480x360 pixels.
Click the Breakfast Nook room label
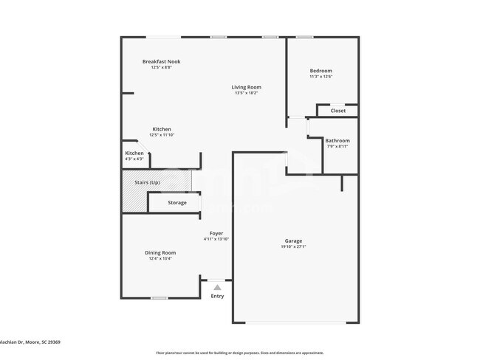pos(161,61)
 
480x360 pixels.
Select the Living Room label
pos(247,87)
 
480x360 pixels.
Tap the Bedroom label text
pos(320,70)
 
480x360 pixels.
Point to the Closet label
pos(337,111)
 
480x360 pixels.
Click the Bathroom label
pos(337,140)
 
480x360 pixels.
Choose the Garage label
pos(293,240)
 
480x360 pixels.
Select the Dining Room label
pos(160,252)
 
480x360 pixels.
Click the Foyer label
pos(216,233)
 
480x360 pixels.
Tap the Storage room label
pos(177,202)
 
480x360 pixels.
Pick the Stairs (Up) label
pos(146,182)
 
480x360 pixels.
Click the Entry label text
pos(217,297)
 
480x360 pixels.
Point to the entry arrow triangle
pos(217,287)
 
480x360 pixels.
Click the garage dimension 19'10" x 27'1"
pos(293,246)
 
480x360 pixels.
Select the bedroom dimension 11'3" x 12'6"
pos(320,77)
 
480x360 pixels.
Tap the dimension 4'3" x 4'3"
pos(134,159)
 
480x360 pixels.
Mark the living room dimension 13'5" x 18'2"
pos(247,93)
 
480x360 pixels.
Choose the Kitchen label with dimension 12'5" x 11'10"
pos(162,129)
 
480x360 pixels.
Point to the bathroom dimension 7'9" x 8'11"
pos(337,146)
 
